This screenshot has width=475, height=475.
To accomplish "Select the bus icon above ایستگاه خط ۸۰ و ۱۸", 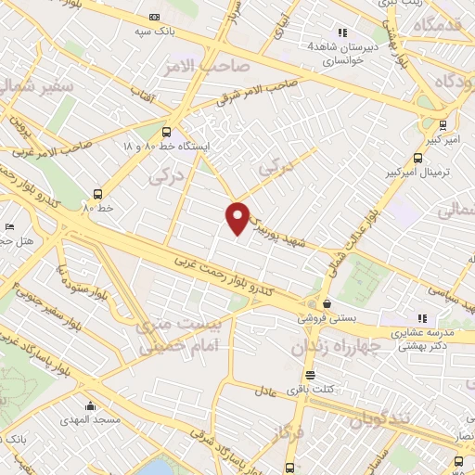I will (x=166, y=132).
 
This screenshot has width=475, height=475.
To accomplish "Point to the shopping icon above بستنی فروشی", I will (x=326, y=303).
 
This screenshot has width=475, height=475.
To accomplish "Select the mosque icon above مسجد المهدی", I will (x=90, y=406).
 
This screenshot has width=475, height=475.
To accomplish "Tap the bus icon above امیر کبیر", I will (x=443, y=122).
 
